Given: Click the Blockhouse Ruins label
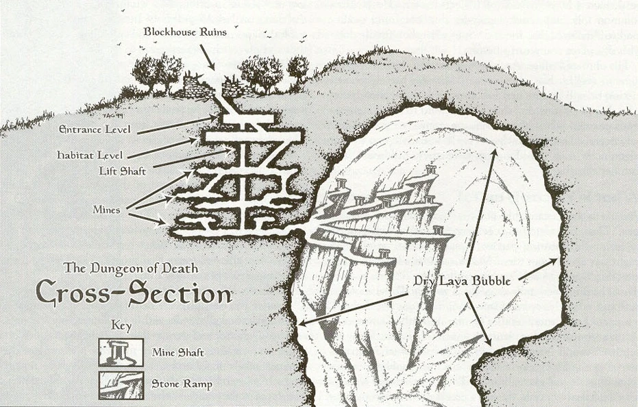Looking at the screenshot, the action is (185, 32).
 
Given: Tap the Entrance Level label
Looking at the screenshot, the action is (95, 129).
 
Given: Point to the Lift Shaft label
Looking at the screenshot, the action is (122, 171).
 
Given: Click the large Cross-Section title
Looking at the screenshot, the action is (133, 293).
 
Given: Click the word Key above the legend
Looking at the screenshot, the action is (121, 326).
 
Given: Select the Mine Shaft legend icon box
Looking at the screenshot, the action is (121, 352).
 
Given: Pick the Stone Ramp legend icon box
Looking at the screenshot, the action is (121, 384).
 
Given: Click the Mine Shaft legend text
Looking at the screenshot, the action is (178, 353).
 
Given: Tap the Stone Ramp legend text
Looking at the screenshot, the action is (182, 384).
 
